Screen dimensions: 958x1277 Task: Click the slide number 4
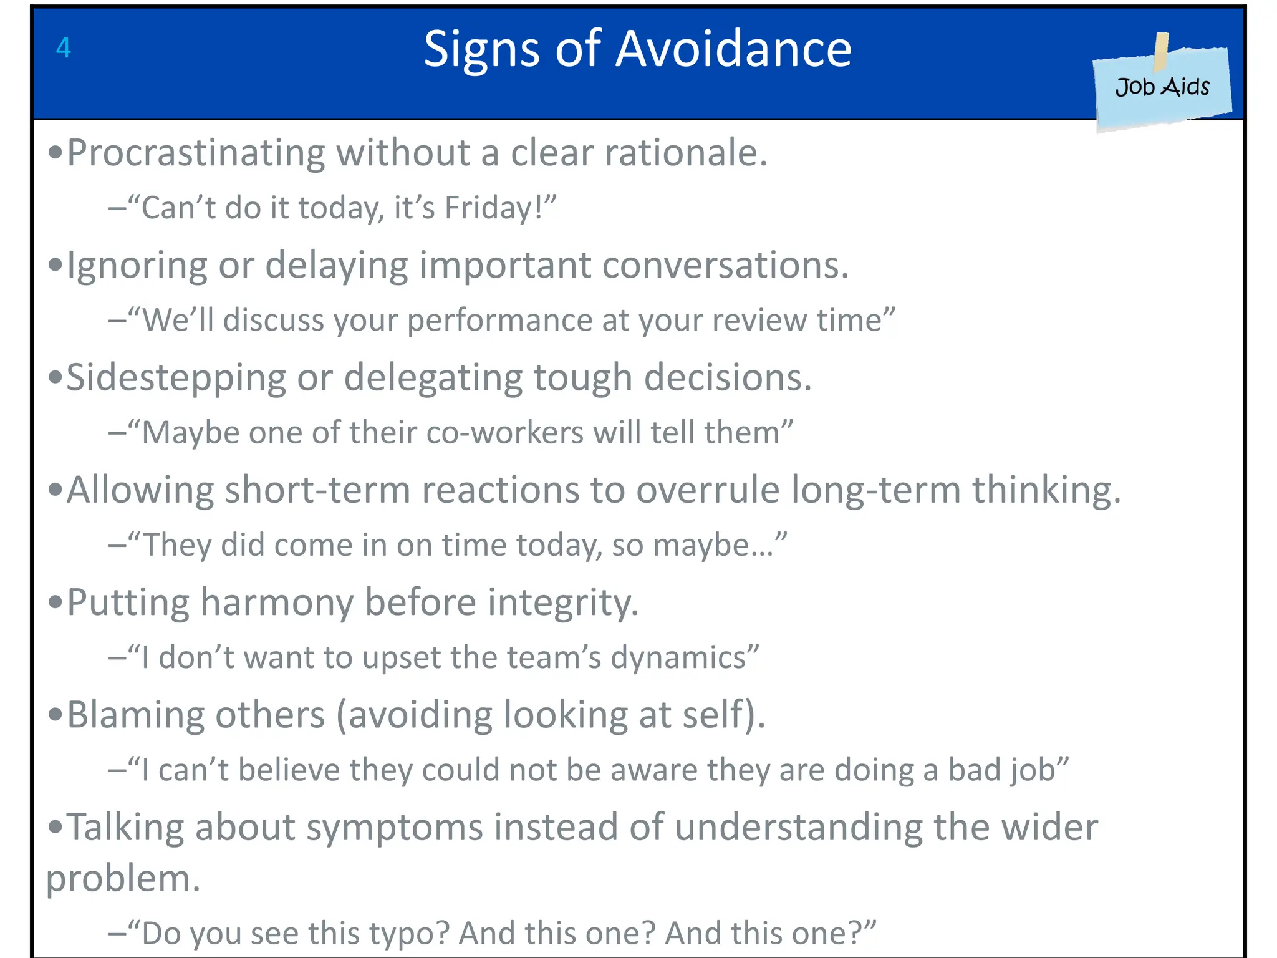[x=64, y=48]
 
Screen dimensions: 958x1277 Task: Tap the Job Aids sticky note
[x=1162, y=87]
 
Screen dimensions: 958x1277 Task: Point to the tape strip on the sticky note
[x=1161, y=51]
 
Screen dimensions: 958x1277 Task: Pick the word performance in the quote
[x=499, y=321]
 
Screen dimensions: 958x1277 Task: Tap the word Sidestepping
[x=176, y=379]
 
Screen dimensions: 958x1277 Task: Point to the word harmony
[x=276, y=602]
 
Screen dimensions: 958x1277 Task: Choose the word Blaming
[x=135, y=715]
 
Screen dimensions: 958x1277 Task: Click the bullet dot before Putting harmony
[x=55, y=602]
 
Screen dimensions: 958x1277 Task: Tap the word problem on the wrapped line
[x=122, y=879]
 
